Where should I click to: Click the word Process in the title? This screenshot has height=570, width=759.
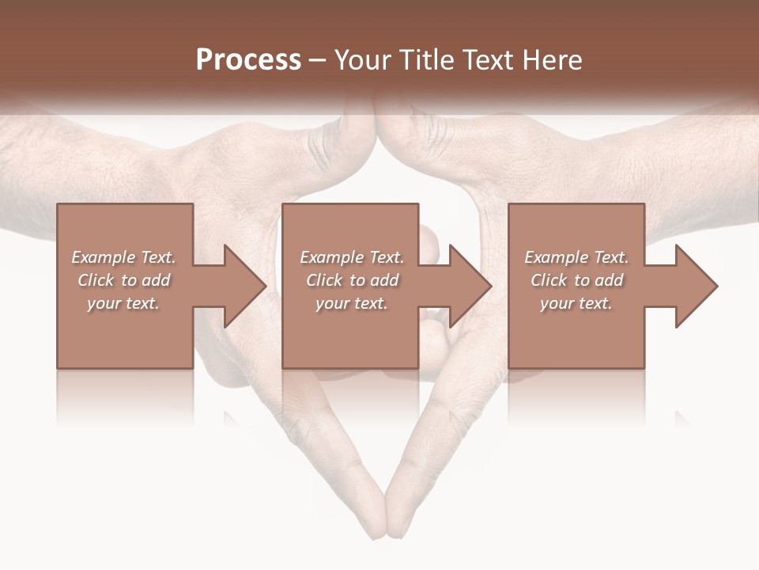tap(248, 60)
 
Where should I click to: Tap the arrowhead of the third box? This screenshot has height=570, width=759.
tap(696, 286)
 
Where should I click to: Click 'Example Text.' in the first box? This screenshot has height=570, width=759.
tap(124, 257)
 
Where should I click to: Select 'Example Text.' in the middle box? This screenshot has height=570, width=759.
tap(352, 257)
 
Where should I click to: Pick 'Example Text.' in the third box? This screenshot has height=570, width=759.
tap(576, 257)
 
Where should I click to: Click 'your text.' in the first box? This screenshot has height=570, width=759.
tap(124, 303)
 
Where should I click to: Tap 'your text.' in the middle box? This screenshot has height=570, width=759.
tap(352, 303)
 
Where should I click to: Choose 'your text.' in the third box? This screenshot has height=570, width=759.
tap(576, 303)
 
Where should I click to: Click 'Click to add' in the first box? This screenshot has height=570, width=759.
tap(124, 280)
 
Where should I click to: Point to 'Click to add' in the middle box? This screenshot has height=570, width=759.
tap(352, 280)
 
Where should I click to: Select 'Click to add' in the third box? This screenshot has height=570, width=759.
tap(576, 280)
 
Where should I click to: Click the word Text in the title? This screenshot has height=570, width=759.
tap(482, 60)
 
